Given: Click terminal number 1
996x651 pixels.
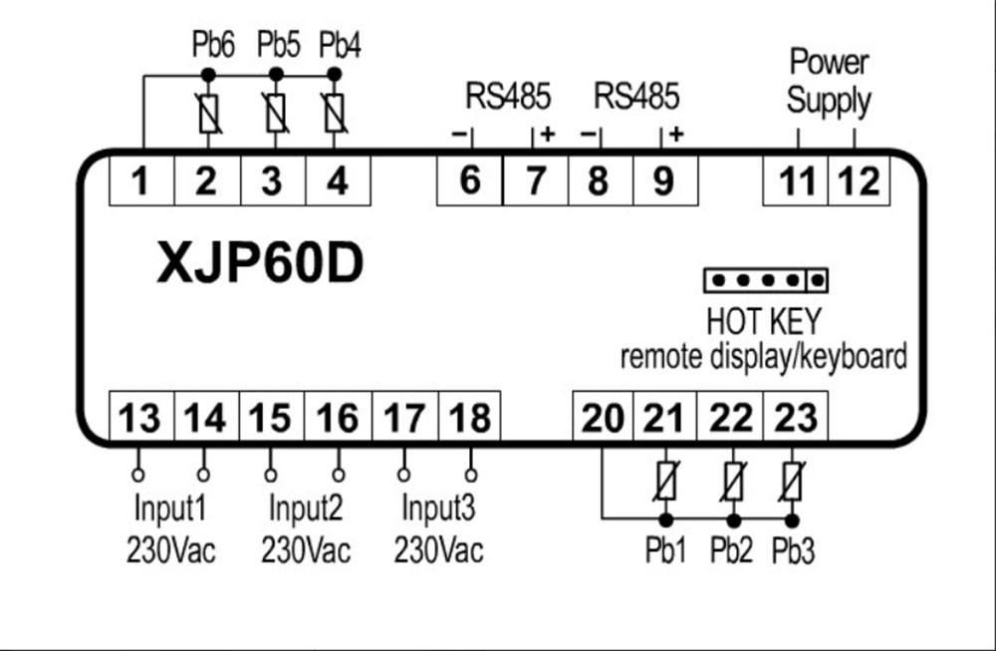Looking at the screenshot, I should [140, 182].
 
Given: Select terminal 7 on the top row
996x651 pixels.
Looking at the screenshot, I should [537, 182].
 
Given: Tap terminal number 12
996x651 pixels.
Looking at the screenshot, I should [859, 182].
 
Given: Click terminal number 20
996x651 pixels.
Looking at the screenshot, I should [603, 418].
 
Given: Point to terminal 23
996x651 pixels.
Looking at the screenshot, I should [795, 418].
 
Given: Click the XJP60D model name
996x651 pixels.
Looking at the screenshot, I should [260, 264].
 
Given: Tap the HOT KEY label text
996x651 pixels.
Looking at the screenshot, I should [764, 322].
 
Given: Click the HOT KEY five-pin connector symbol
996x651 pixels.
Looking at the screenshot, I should [767, 280].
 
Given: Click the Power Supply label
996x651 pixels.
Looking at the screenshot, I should [828, 81].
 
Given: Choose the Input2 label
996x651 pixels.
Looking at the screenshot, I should [305, 507].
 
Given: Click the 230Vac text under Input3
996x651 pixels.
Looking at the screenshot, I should [439, 549].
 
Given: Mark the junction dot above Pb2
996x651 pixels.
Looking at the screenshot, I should [734, 519].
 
